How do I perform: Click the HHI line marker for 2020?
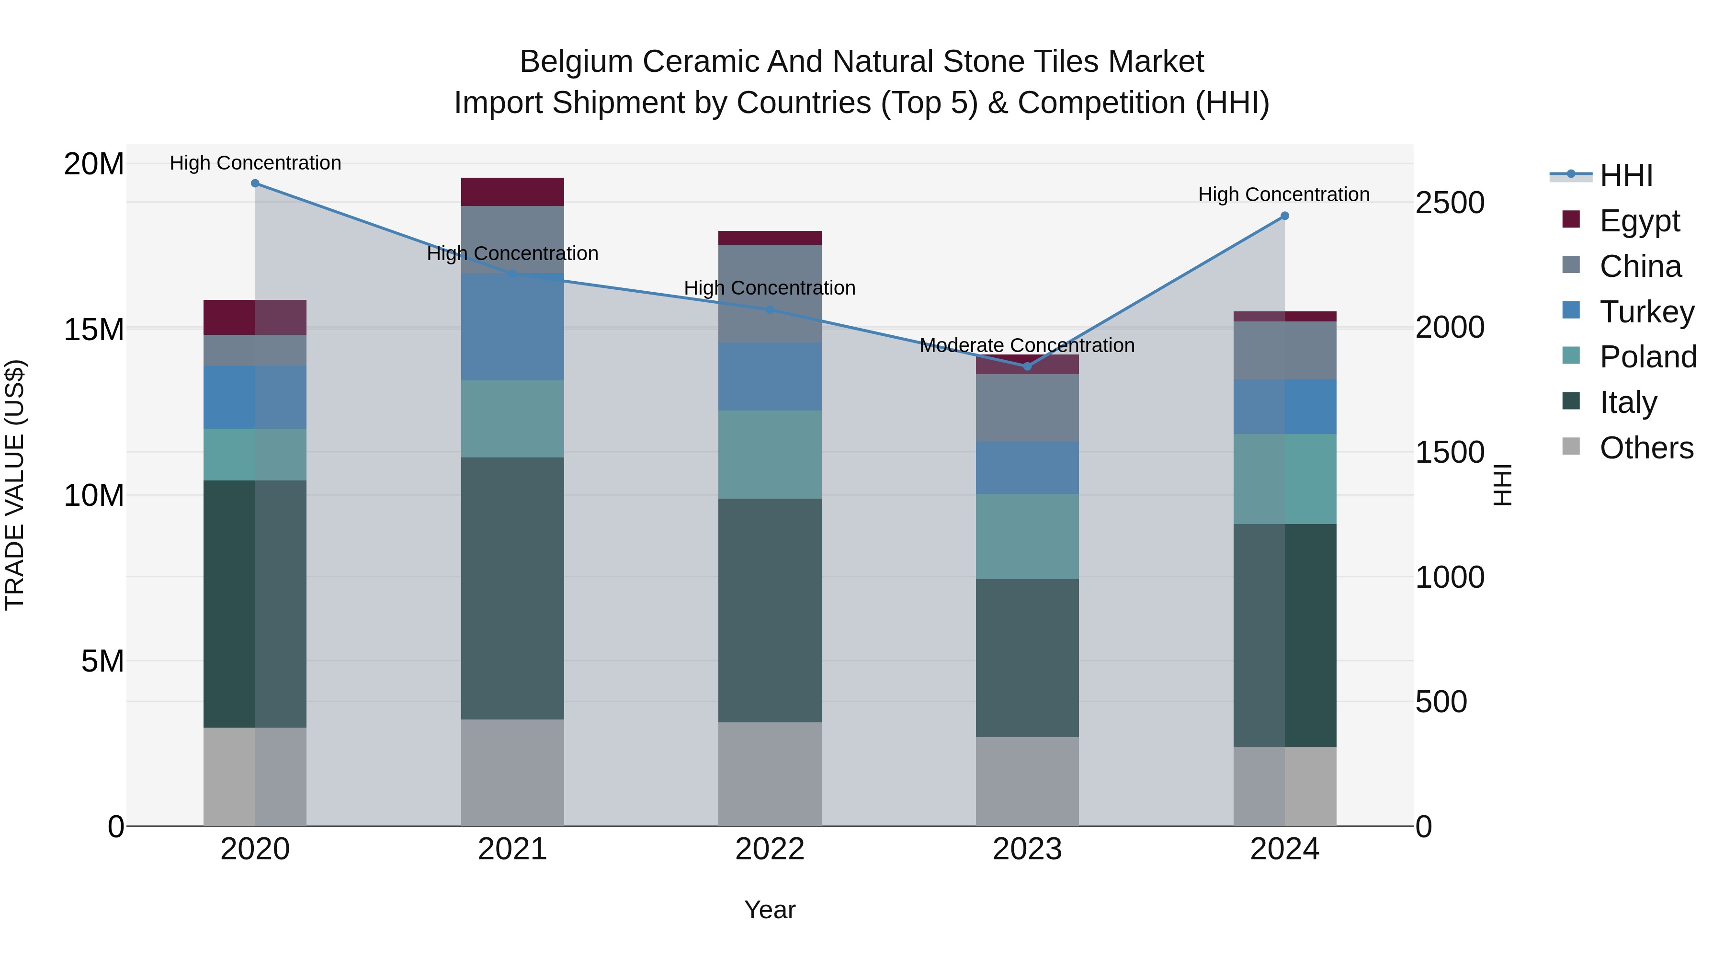pyautogui.click(x=255, y=183)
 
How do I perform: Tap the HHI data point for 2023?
pyautogui.click(x=1027, y=366)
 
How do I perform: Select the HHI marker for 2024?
pyautogui.click(x=1284, y=216)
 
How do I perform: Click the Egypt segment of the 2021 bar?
pyautogui.click(x=512, y=192)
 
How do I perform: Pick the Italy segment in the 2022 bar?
pyautogui.click(x=770, y=610)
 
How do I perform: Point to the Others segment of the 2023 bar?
pyautogui.click(x=1027, y=781)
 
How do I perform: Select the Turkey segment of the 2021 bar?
pyautogui.click(x=512, y=327)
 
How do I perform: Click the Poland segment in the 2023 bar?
pyautogui.click(x=1027, y=536)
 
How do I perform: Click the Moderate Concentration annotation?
pyautogui.click(x=1027, y=345)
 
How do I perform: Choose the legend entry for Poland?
pyautogui.click(x=1648, y=357)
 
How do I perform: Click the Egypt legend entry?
pyautogui.click(x=1639, y=221)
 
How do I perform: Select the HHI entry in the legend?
pyautogui.click(x=1626, y=175)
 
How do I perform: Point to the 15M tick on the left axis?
pyautogui.click(x=94, y=330)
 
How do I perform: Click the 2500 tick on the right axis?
pyautogui.click(x=1450, y=203)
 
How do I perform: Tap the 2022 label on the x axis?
pyautogui.click(x=770, y=849)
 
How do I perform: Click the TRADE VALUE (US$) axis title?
pyautogui.click(x=15, y=485)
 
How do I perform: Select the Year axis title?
pyautogui.click(x=770, y=910)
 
